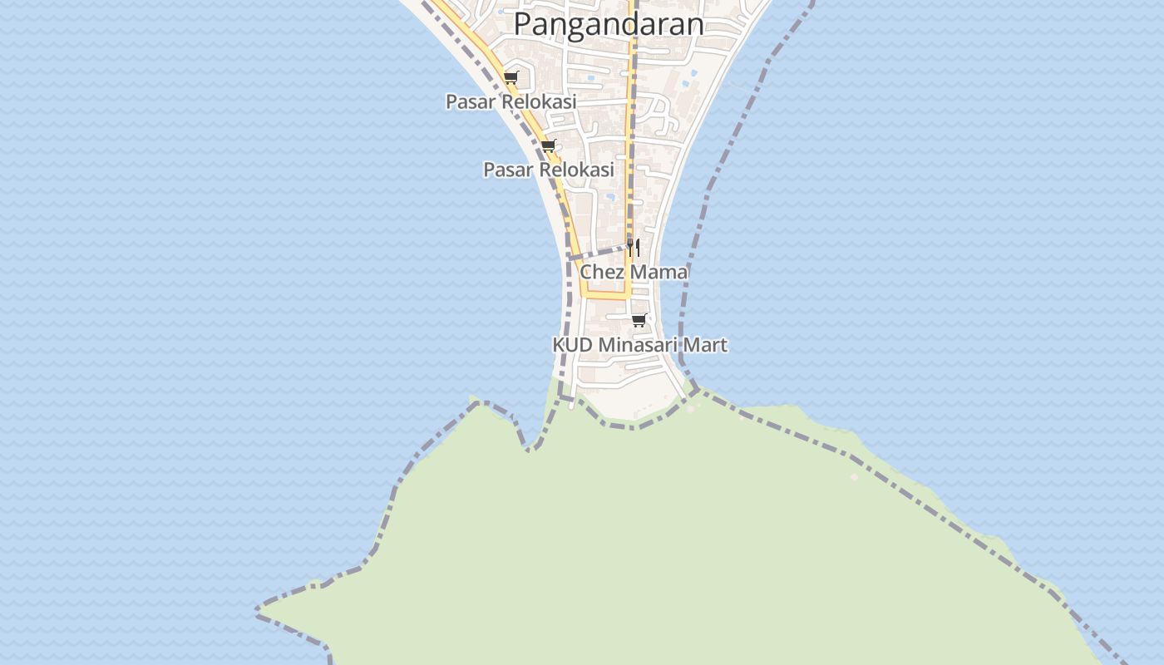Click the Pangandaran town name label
click(608, 23)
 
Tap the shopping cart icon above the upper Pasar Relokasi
click(510, 78)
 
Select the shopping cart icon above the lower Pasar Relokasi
click(548, 146)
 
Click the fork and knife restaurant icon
click(634, 247)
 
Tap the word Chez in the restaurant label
click(601, 272)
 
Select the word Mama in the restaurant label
click(658, 272)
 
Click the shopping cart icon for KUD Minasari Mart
click(639, 320)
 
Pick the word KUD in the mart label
click(573, 344)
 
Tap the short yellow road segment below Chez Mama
click(607, 294)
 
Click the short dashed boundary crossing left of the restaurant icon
click(599, 252)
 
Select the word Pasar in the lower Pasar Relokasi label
click(508, 170)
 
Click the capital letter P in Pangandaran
click(524, 23)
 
